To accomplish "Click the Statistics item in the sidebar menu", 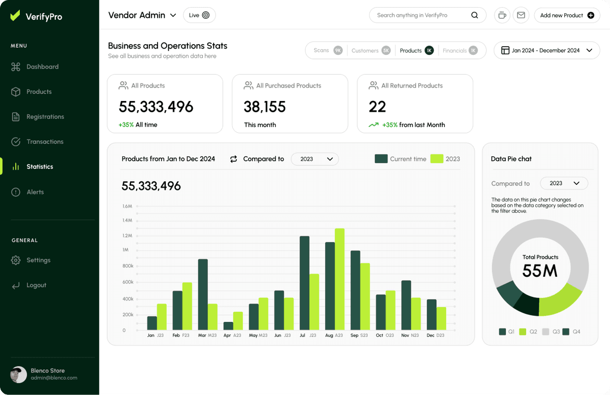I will click(x=40, y=167).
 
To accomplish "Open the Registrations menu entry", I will click(x=45, y=117).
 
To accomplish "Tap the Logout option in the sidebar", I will click(x=36, y=285).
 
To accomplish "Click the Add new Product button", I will click(x=567, y=15).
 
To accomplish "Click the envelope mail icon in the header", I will click(x=521, y=15).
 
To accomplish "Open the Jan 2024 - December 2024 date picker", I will click(x=547, y=50).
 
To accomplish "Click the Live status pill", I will click(x=199, y=15).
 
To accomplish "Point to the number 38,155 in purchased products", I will click(x=265, y=107).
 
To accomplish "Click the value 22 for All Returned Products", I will click(x=377, y=107).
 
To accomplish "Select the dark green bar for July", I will click(x=304, y=283).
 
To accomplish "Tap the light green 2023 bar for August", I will click(x=340, y=279).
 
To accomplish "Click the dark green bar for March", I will click(x=203, y=294).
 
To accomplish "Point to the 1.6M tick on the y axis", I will click(x=127, y=206).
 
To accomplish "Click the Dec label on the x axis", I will click(x=431, y=336).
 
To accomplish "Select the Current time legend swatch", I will click(x=381, y=159).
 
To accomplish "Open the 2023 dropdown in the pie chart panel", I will click(x=564, y=183).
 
